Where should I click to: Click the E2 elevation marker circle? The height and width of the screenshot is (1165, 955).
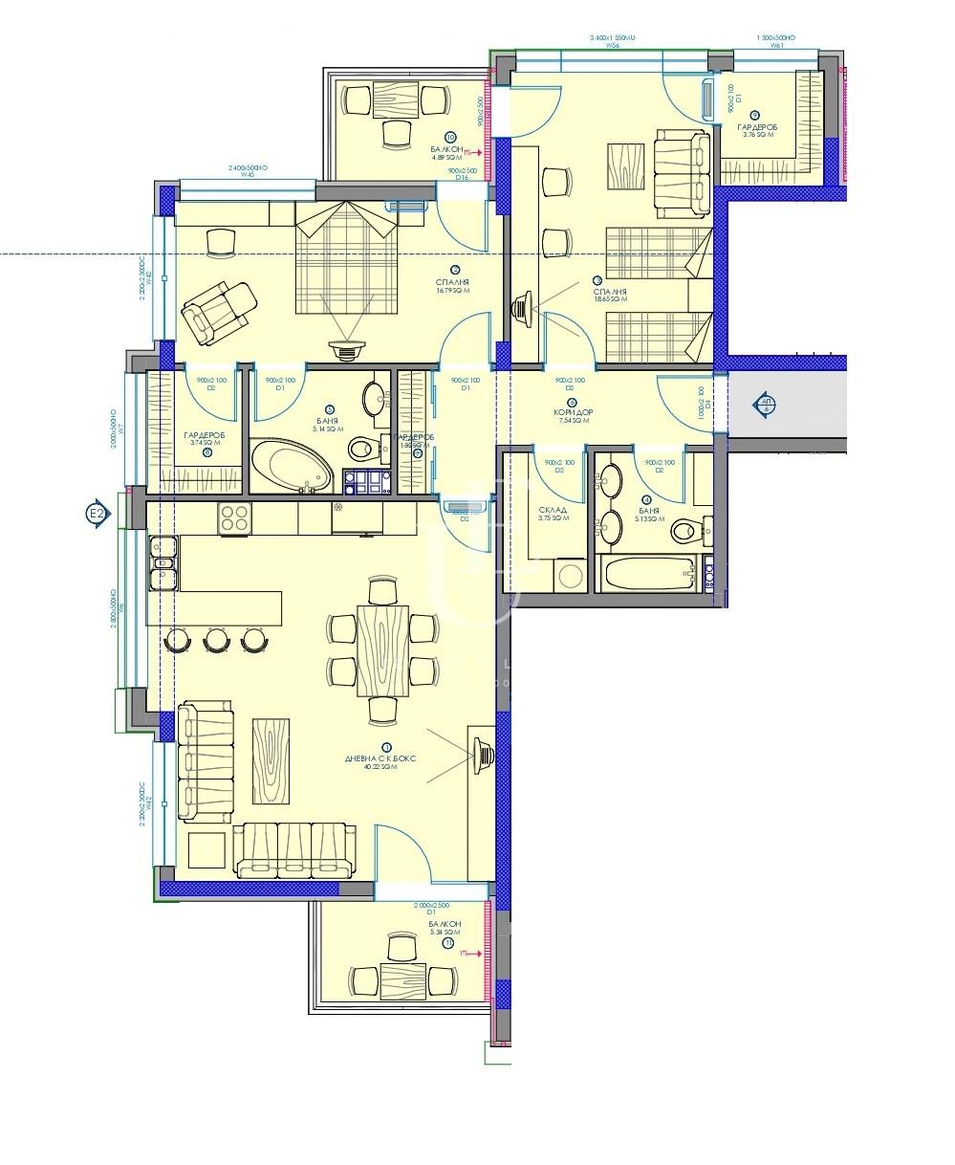click(x=97, y=515)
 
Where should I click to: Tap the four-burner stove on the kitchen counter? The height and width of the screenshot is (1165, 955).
click(x=235, y=517)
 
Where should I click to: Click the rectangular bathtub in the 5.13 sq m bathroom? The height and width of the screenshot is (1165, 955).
click(x=647, y=574)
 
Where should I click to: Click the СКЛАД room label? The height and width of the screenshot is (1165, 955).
click(x=553, y=510)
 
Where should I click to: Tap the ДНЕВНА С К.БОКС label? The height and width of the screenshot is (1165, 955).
click(x=380, y=758)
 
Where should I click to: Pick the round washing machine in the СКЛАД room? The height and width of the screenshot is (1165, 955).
click(x=572, y=576)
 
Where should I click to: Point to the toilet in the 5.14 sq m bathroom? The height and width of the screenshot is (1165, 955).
click(x=363, y=448)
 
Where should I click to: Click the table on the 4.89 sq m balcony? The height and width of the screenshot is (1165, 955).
click(x=396, y=99)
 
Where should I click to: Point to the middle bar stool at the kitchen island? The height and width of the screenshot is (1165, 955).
click(x=217, y=640)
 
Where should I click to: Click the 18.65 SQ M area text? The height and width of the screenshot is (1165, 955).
click(x=610, y=299)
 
